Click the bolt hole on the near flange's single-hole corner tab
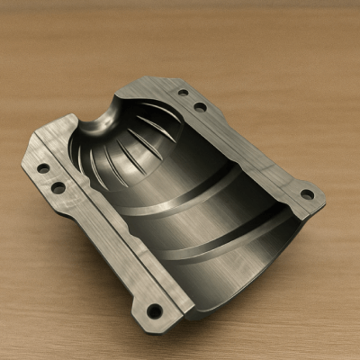155,310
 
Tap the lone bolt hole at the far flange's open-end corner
307,193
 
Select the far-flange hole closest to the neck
183,92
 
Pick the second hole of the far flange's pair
200,106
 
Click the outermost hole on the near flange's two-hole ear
42,167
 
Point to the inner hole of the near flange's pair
58,187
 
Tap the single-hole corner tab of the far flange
304,196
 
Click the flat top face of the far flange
243,144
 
